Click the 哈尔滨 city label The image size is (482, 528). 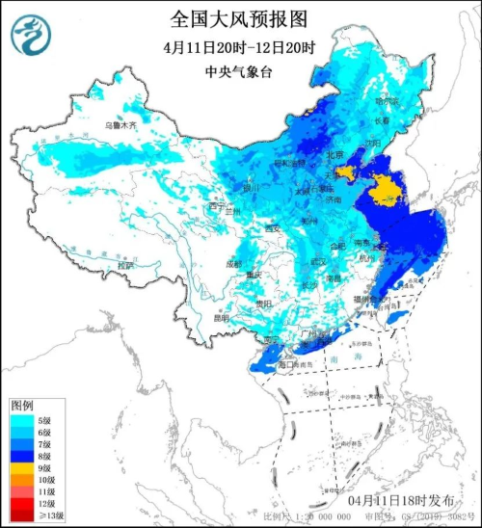[387, 101]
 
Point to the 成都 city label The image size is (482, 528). [236, 262]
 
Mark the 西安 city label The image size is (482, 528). [273, 228]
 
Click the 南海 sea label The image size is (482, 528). [333, 356]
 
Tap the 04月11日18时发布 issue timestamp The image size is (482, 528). [397, 502]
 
